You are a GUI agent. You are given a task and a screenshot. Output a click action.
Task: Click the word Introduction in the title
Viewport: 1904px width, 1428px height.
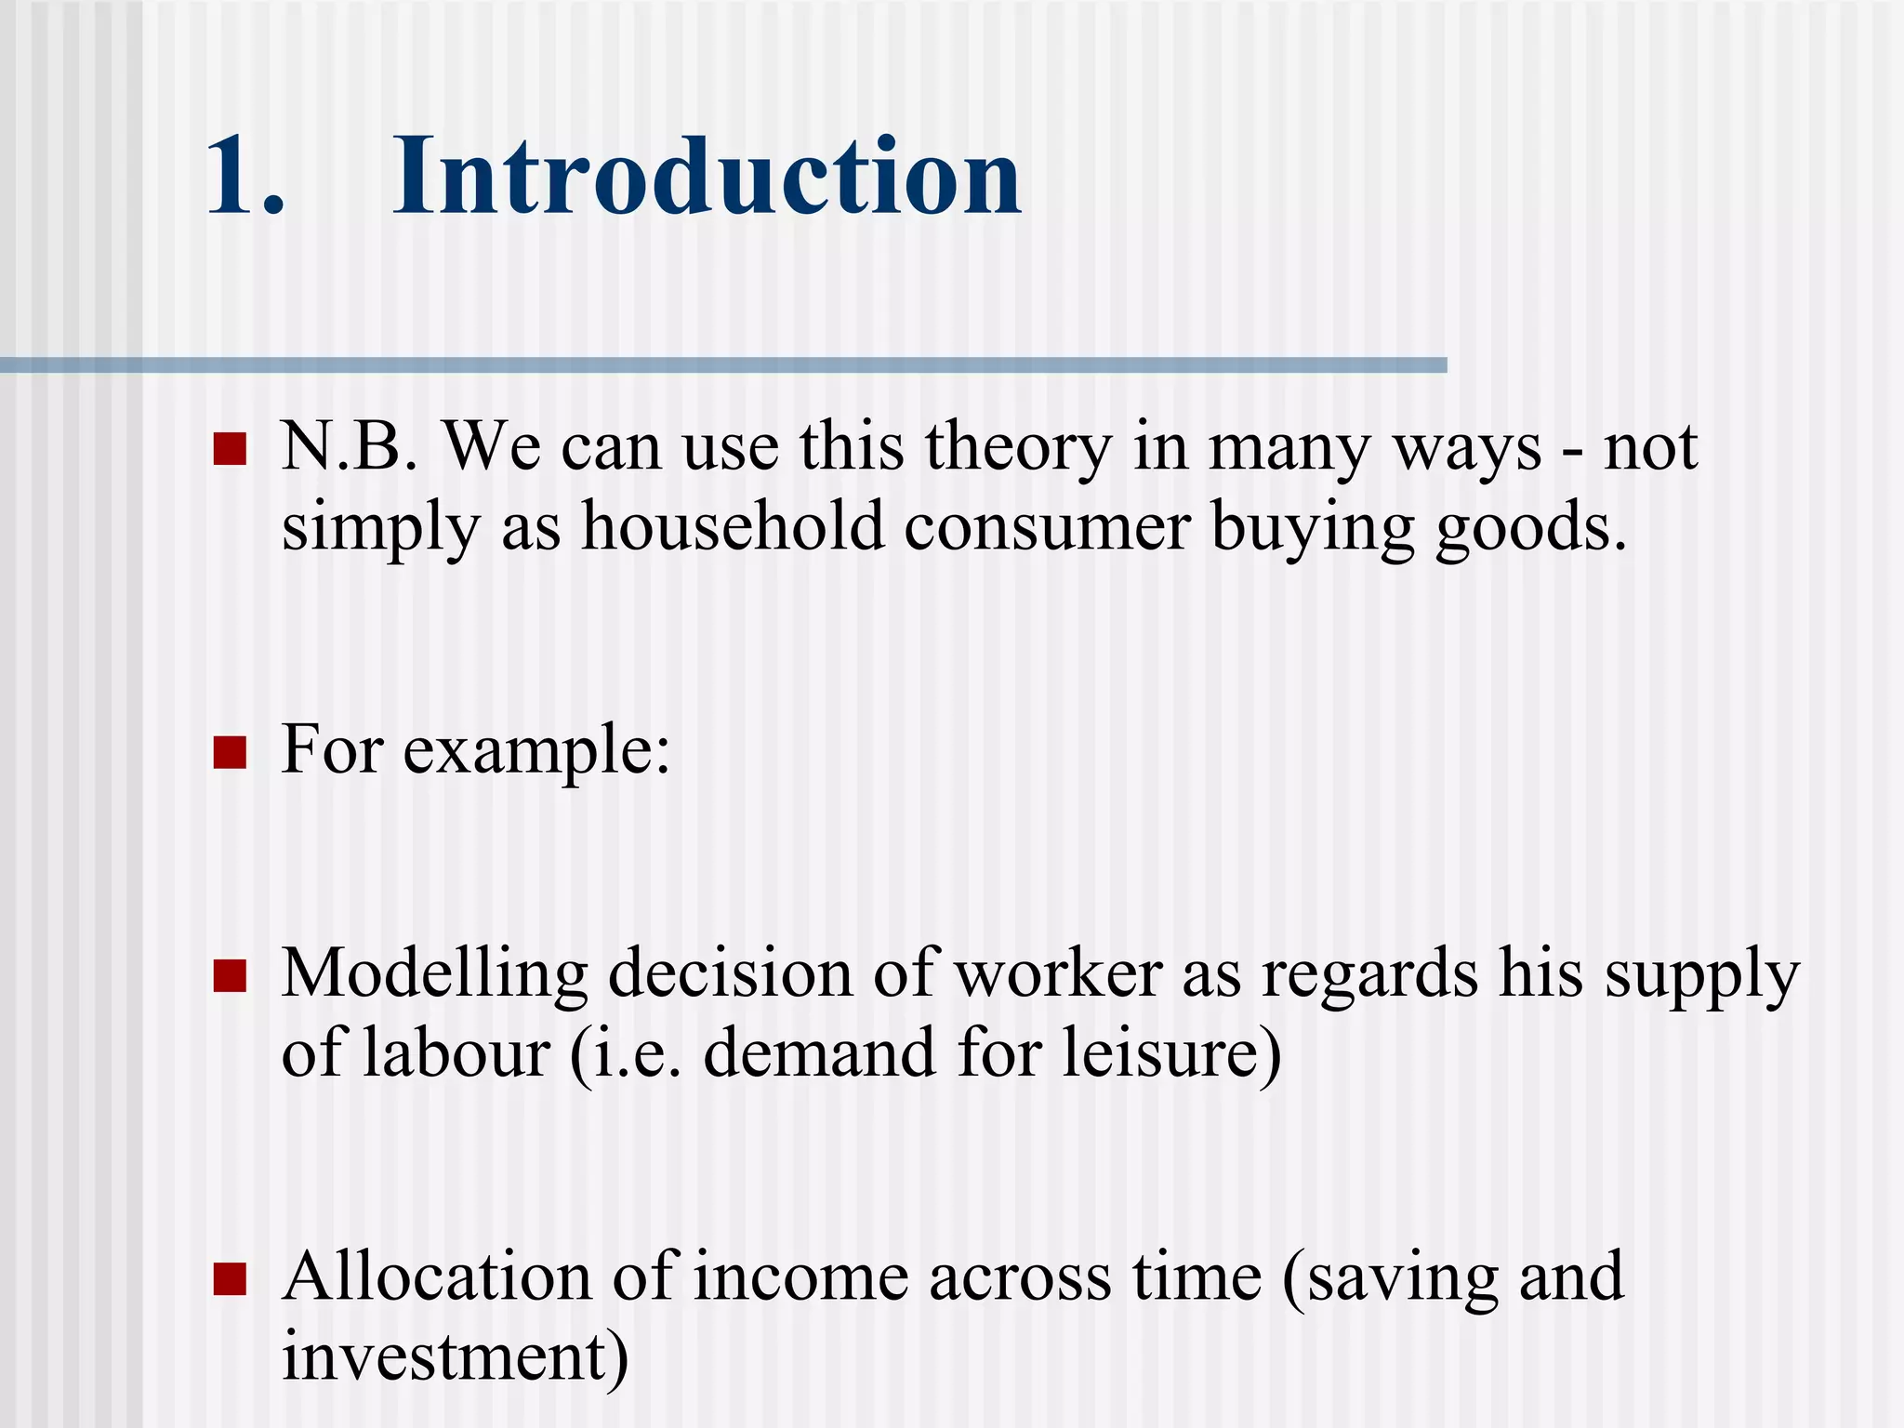pyautogui.click(x=707, y=177)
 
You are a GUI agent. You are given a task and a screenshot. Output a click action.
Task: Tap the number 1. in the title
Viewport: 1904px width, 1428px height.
pyautogui.click(x=244, y=177)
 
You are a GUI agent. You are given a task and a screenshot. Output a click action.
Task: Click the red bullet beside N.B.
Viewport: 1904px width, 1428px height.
pyautogui.click(x=230, y=449)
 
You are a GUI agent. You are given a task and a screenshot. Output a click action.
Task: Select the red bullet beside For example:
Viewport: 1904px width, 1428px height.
pyautogui.click(x=230, y=753)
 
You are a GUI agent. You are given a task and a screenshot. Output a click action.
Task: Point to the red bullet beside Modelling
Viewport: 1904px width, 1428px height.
pyautogui.click(x=230, y=977)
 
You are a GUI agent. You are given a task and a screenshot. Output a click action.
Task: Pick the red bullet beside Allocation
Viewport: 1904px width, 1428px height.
pyautogui.click(x=230, y=1279)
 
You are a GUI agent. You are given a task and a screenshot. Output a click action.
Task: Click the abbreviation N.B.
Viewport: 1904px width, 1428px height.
pyautogui.click(x=349, y=447)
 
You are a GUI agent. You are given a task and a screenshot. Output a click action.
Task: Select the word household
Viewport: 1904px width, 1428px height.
pyautogui.click(x=733, y=526)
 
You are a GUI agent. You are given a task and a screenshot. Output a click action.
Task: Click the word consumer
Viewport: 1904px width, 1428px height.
pyautogui.click(x=1047, y=528)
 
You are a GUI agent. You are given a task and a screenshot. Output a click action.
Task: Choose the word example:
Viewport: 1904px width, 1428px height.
pyautogui.click(x=536, y=751)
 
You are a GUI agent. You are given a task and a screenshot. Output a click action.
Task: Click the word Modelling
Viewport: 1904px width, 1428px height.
pyautogui.click(x=434, y=975)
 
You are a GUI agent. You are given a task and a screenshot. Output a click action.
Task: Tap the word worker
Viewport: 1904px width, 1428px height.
pyautogui.click(x=1058, y=973)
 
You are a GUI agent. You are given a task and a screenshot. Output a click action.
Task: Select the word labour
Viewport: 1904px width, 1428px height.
pyautogui.click(x=456, y=1053)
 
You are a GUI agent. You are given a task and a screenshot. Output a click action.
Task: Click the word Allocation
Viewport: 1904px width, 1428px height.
pyautogui.click(x=437, y=1276)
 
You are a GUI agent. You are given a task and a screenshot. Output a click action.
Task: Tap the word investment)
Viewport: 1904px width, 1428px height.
pyautogui.click(x=456, y=1356)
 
